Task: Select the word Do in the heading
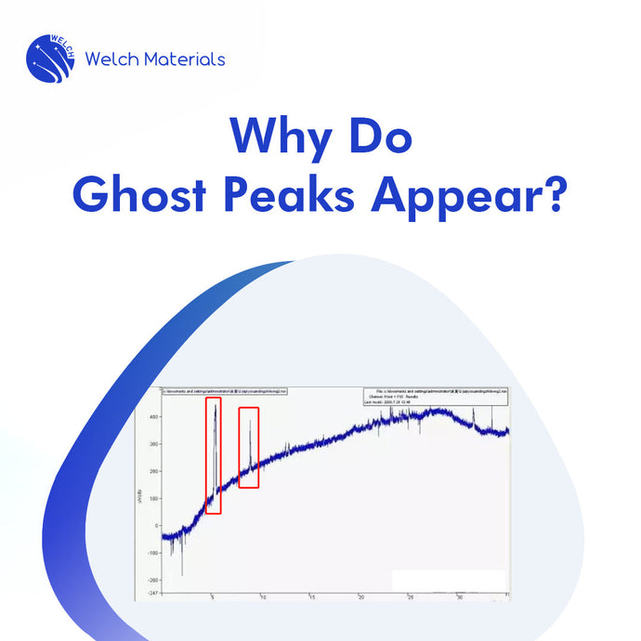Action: (378, 138)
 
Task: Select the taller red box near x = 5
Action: (214, 456)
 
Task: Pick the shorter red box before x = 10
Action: (249, 447)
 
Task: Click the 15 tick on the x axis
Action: (312, 597)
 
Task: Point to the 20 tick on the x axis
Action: (361, 597)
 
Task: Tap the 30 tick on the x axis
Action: (459, 597)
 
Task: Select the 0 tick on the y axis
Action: (156, 525)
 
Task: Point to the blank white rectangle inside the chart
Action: (448, 580)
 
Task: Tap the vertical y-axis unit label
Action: (140, 498)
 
